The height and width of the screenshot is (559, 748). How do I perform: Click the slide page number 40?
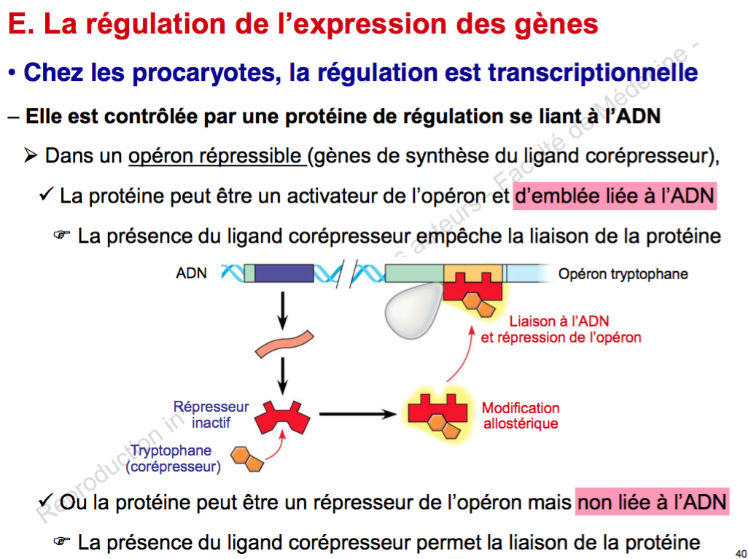point(741,551)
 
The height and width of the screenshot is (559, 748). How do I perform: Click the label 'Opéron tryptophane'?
point(623,274)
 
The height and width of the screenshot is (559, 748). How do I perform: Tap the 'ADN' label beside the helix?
point(192,274)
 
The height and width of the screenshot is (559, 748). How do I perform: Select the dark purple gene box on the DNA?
point(284,274)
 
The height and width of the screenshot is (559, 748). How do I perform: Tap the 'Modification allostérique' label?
point(521,415)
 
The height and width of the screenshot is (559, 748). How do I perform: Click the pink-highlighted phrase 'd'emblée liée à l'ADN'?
point(615,197)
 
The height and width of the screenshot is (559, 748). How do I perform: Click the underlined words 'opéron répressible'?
point(217,156)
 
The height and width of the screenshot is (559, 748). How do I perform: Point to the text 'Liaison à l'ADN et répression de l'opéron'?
point(560,329)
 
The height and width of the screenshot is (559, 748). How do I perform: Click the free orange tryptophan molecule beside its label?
point(247,459)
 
